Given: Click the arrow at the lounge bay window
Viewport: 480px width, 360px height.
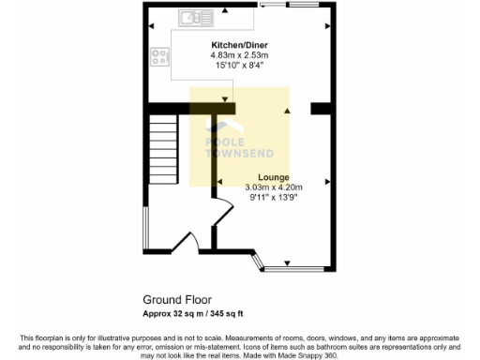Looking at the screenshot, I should (287, 262).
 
